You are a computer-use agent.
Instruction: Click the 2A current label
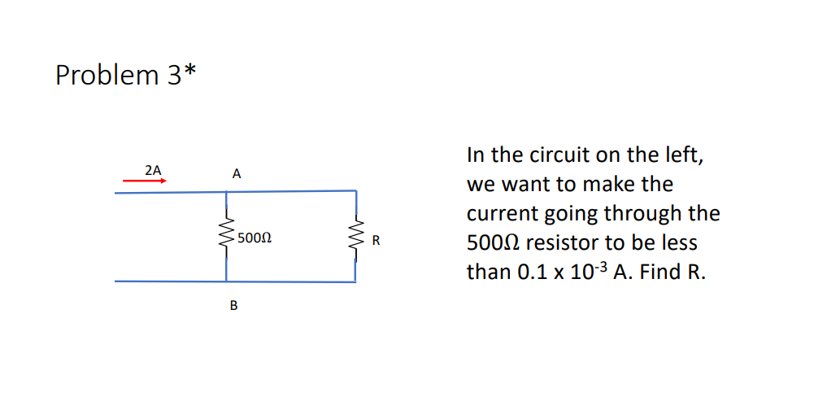click(152, 170)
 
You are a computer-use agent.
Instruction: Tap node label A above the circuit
click(236, 173)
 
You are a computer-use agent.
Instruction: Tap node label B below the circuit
click(234, 306)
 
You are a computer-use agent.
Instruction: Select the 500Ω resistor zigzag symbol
click(225, 237)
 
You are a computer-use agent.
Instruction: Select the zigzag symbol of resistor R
click(355, 238)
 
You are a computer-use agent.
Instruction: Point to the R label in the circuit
click(376, 240)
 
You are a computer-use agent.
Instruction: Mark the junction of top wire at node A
click(226, 192)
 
